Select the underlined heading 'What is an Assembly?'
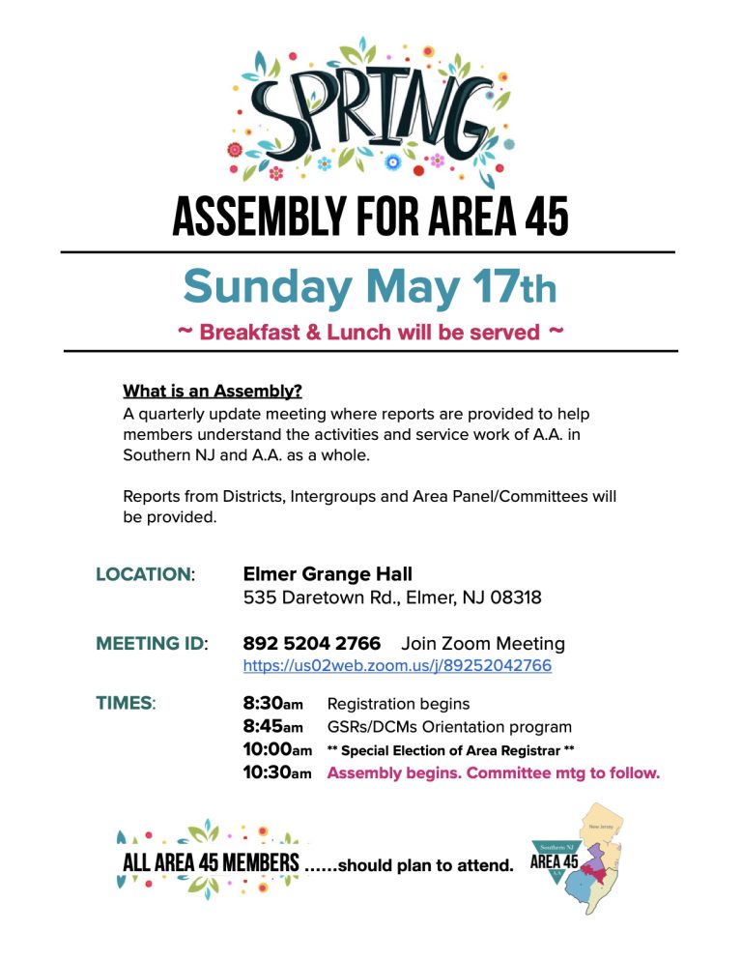coord(213,392)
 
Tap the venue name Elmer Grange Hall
coord(328,574)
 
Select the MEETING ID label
coord(151,643)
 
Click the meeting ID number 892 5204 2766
coord(311,643)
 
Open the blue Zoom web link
coord(397,666)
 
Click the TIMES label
coord(126,703)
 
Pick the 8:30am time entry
coord(272,703)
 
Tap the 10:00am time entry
coord(277,749)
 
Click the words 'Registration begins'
coord(399,703)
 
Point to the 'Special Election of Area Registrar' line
coord(451,750)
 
